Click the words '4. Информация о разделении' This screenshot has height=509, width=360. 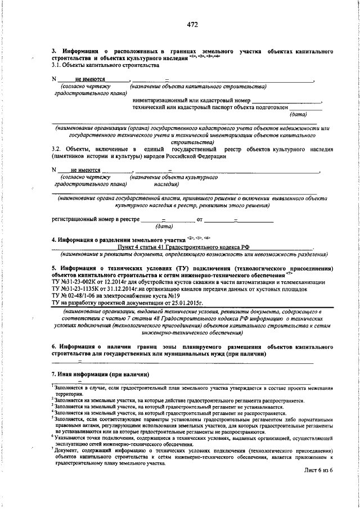click(91, 240)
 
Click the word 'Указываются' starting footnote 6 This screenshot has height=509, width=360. click(71, 436)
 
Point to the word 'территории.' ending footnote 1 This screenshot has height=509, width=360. click(69, 394)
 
